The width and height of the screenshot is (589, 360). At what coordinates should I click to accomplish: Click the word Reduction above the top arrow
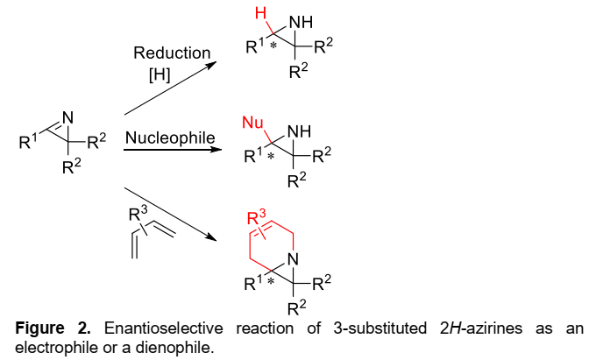171,53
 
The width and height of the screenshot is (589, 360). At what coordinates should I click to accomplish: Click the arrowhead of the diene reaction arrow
211,239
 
